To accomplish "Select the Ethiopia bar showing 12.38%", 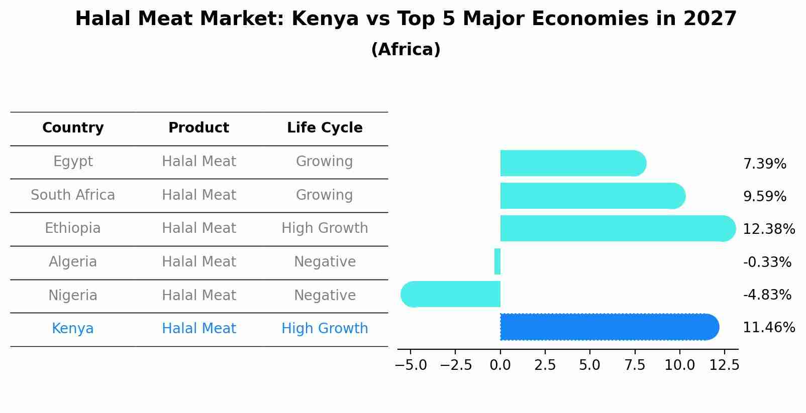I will point(617,228).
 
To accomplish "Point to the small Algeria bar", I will point(497,261).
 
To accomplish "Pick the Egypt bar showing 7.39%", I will point(573,163).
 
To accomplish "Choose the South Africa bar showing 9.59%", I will point(592,196).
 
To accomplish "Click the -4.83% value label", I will point(767,295).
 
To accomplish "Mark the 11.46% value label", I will point(769,328).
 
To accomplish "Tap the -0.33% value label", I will point(767,262).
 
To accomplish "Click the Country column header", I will point(73,128).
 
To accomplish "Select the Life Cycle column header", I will point(325,128).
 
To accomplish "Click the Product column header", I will point(198,128).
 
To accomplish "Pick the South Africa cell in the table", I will point(73,195).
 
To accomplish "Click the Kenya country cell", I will point(73,329).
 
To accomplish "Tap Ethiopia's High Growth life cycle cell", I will point(325,228).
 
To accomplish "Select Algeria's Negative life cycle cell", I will point(325,262).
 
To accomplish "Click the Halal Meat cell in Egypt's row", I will point(198,162).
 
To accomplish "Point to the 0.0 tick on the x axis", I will point(500,365).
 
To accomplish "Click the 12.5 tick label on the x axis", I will point(724,365).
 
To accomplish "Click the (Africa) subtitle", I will point(406,50).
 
